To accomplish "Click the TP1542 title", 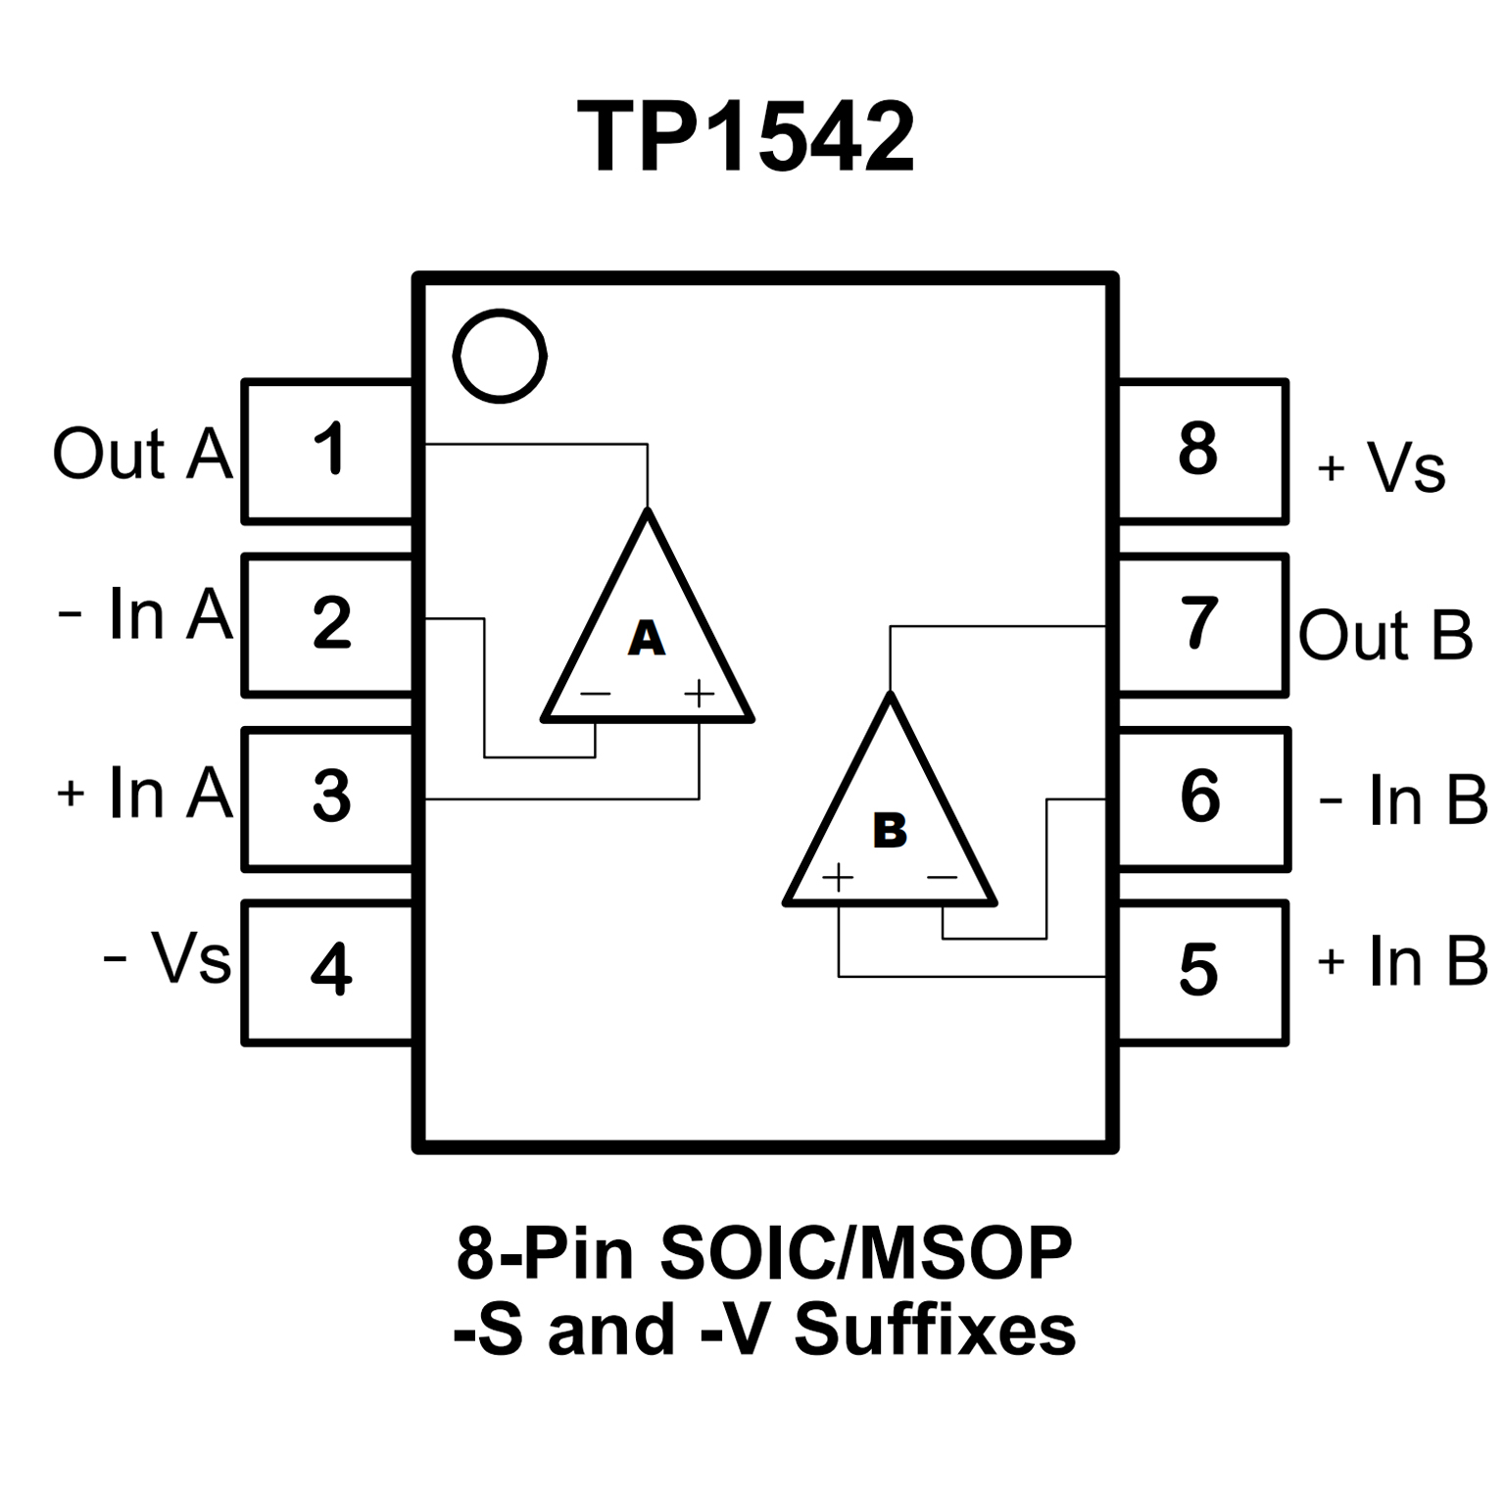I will pos(747,138).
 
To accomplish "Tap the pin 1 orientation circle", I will pos(500,356).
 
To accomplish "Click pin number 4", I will pos(331,969).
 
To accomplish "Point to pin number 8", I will pos(1198,449).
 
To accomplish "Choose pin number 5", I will pos(1198,970).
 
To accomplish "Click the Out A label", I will pos(142,454).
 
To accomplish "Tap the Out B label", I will pos(1384,635).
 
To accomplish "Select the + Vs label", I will pos(1382,468).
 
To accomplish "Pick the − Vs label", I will pos(167,957).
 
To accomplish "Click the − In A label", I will pos(145,615).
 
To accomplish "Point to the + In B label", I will pos(1402,961).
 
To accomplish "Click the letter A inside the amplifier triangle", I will pos(646,638).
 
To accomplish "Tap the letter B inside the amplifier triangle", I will pos(890,831).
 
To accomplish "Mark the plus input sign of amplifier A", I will pos(699,695).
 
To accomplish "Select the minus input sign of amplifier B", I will pos(942,877).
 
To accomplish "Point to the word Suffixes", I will pos(935,1330).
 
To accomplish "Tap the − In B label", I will pos(1402,801).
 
